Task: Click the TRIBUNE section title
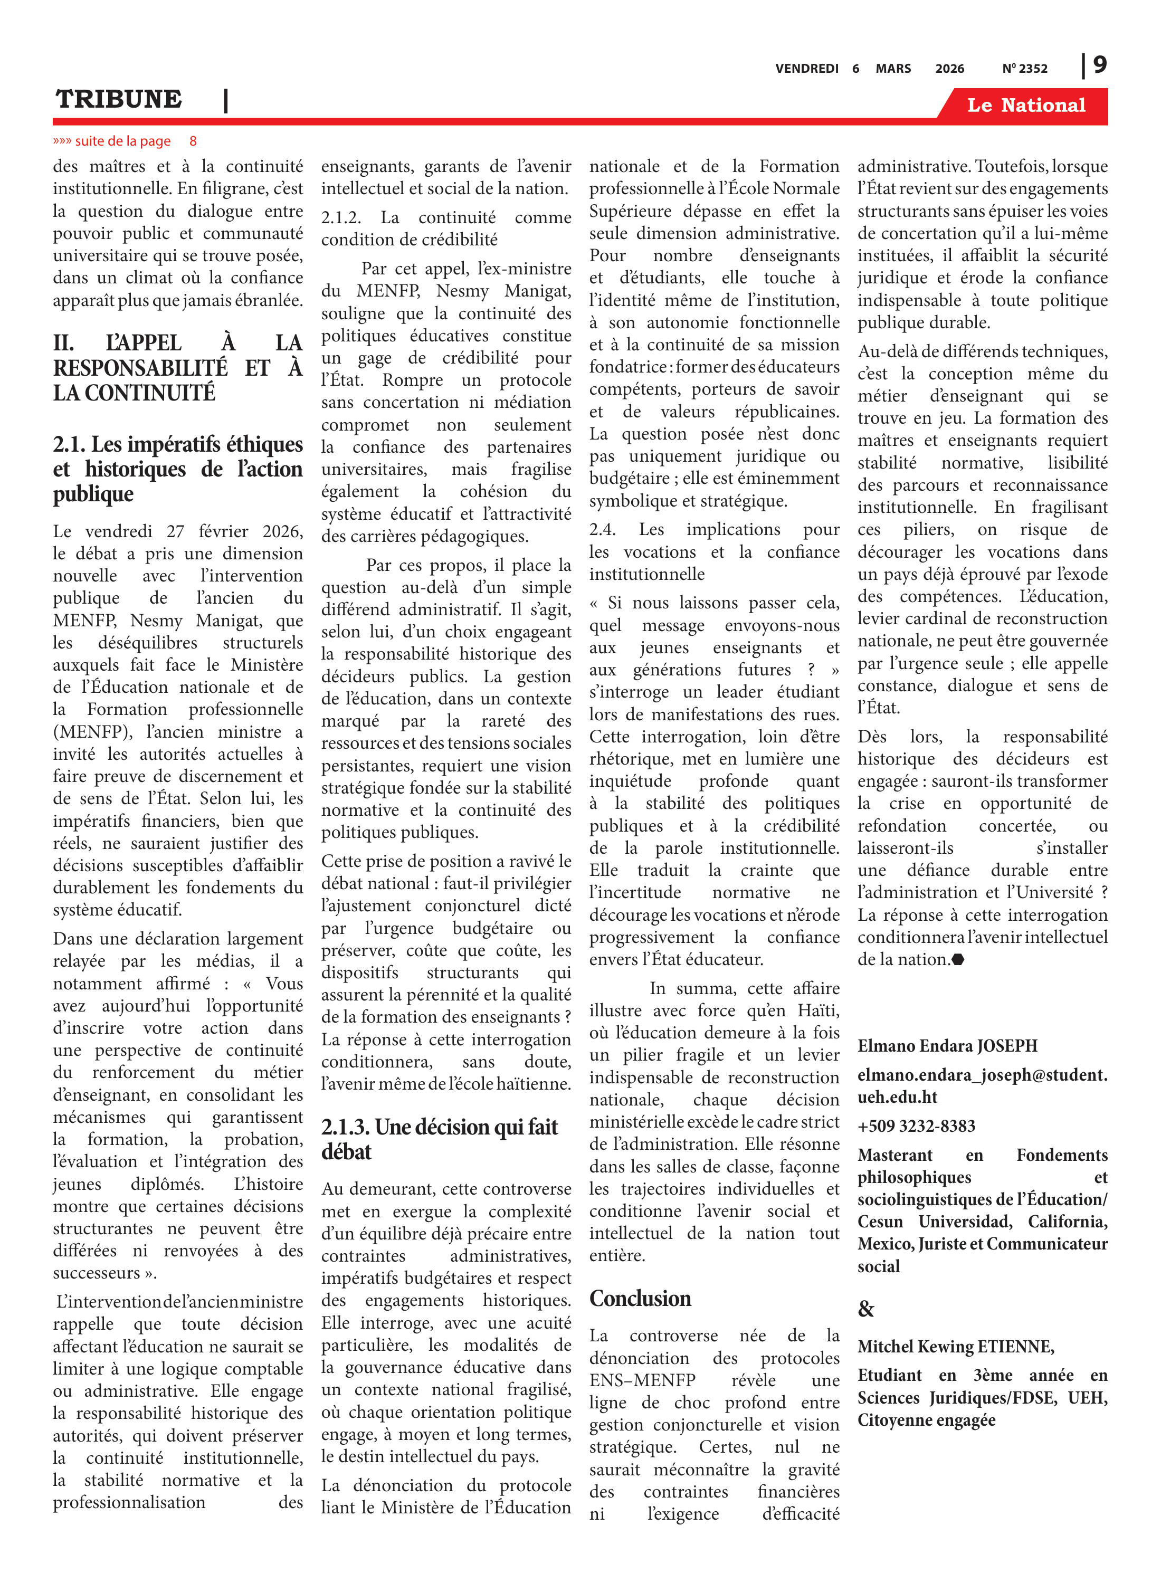click(119, 99)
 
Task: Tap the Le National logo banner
click(1025, 106)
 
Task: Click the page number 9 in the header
click(1100, 65)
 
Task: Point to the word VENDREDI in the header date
click(807, 69)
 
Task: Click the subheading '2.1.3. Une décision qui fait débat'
click(439, 1138)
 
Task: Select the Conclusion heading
click(640, 1299)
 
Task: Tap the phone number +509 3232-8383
click(916, 1126)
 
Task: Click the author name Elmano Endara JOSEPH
click(947, 1045)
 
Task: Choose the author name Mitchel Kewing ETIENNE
click(955, 1346)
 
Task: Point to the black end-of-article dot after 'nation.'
click(958, 960)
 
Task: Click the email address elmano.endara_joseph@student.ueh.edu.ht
click(982, 1085)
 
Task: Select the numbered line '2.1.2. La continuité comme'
click(445, 218)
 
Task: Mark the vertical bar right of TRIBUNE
click(225, 100)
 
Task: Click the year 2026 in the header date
click(949, 69)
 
